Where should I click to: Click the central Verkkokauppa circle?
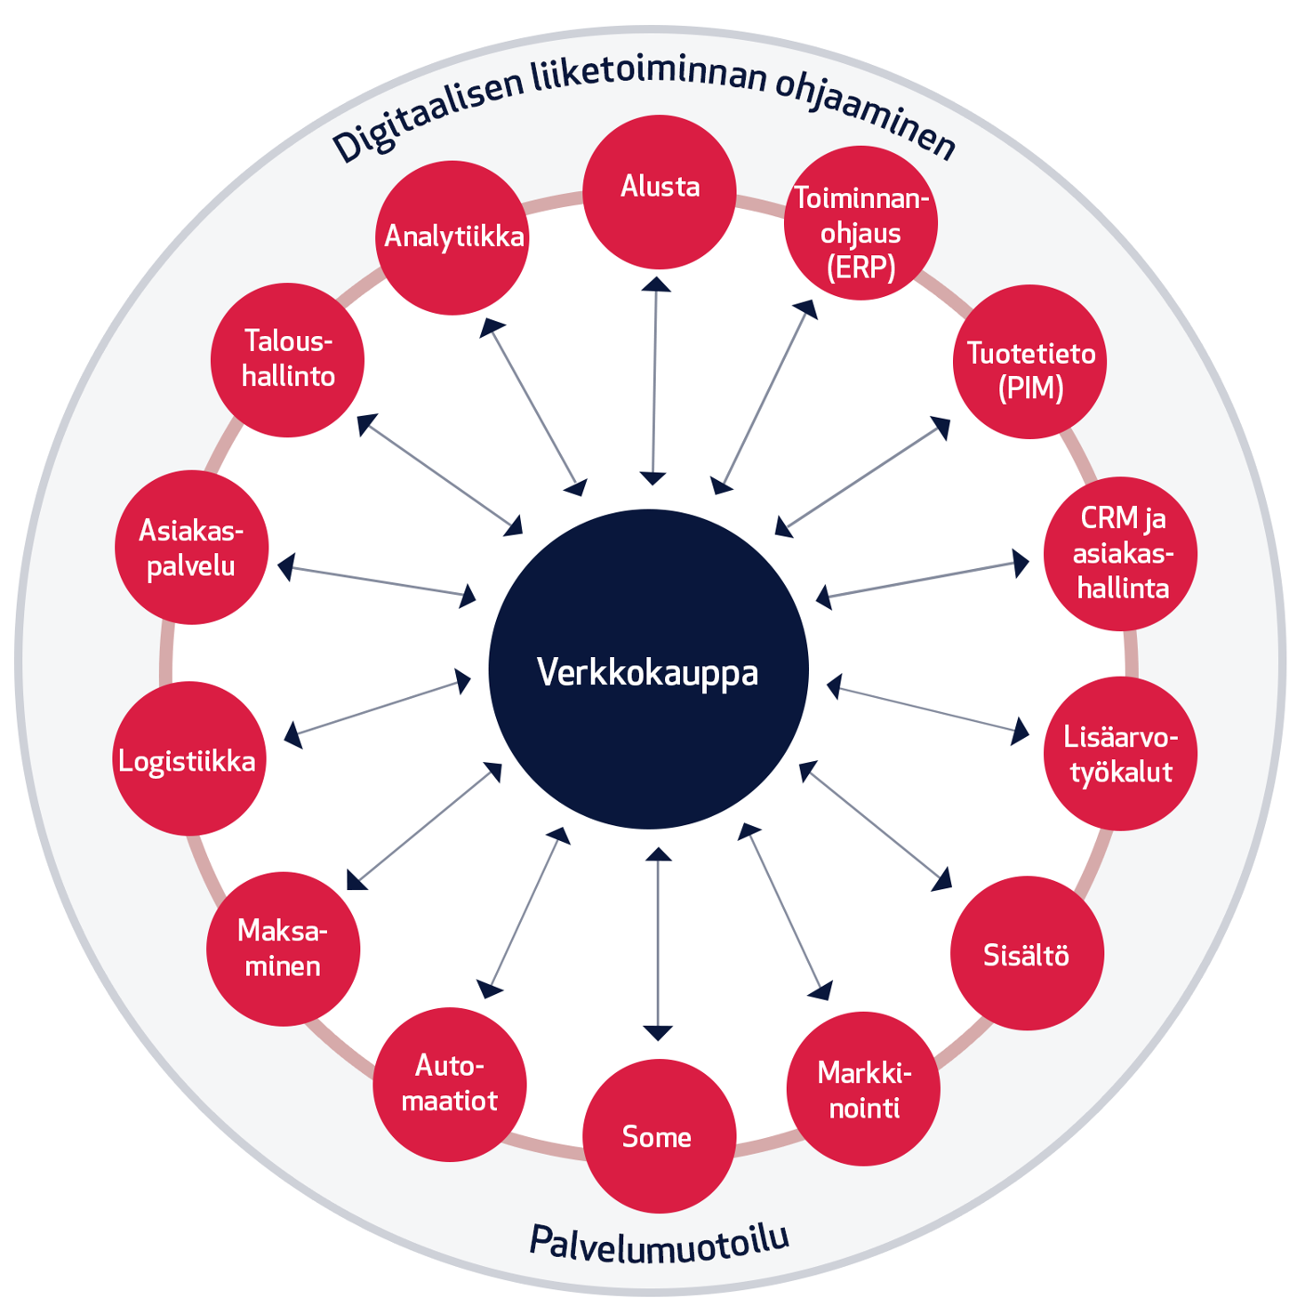pos(648,669)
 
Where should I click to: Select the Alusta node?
pos(660,191)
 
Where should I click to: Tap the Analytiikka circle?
pos(452,237)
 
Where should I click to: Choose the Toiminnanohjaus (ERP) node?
pos(861,223)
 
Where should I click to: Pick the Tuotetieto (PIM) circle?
pos(1029,362)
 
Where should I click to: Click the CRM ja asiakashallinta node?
pos(1120,554)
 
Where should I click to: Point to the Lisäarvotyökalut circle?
pos(1120,754)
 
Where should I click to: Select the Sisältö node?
pos(1027,954)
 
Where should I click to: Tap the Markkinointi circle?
pos(863,1088)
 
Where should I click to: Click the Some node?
pos(659,1135)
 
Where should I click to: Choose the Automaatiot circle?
pos(450,1084)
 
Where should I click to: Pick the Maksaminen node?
pos(284,949)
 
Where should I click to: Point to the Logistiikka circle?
pos(189,758)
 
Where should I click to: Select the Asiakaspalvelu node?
pos(191,547)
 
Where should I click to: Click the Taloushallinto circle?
pos(287,360)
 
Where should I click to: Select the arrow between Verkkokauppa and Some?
pos(658,943)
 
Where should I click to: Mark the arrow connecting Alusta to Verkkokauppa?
pos(655,381)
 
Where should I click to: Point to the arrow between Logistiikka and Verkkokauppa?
pos(378,709)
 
